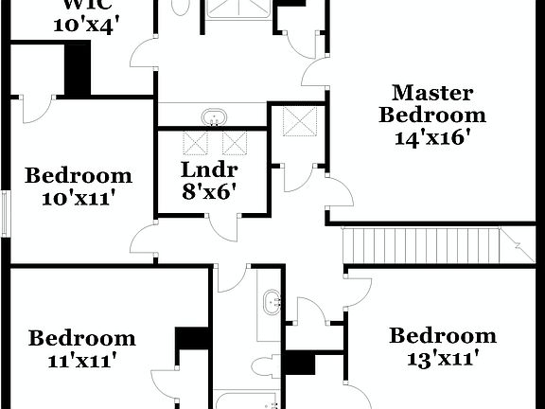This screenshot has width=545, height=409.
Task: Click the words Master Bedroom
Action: click(432, 104)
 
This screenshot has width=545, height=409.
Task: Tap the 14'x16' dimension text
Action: click(432, 136)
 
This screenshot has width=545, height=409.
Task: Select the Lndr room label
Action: click(208, 171)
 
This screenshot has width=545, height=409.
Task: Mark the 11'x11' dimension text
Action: click(81, 360)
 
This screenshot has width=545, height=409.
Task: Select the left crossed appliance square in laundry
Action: click(195, 143)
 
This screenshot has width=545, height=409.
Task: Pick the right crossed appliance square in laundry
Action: click(234, 143)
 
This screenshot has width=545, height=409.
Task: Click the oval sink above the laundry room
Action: click(214, 117)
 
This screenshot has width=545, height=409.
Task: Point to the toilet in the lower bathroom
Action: click(267, 365)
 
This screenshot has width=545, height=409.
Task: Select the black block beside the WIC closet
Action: click(77, 69)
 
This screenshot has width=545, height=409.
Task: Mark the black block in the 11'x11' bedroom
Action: click(192, 338)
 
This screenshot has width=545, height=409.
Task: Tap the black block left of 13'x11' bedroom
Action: click(301, 364)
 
